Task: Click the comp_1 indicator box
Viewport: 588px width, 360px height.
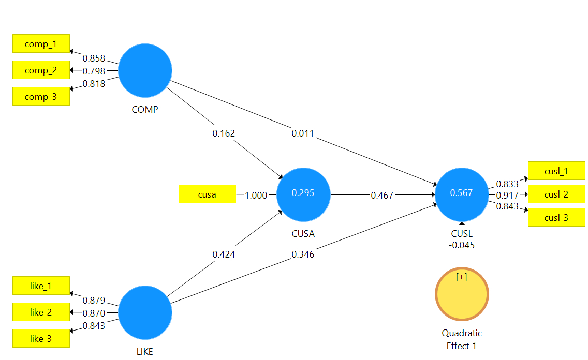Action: (x=41, y=44)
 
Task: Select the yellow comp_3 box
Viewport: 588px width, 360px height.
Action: (x=41, y=97)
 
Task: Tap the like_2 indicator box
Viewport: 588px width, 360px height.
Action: (x=41, y=312)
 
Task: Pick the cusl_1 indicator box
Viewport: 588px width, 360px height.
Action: (x=556, y=171)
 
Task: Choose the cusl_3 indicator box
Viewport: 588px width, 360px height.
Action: (x=556, y=218)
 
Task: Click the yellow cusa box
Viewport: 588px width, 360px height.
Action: (x=207, y=194)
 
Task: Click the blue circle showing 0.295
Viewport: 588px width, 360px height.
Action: (x=303, y=193)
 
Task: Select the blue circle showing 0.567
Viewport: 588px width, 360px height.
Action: (x=461, y=193)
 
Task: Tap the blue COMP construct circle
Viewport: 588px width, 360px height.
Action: (x=145, y=70)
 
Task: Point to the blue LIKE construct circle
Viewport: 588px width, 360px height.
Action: (x=145, y=313)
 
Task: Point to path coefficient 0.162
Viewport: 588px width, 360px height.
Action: (x=224, y=133)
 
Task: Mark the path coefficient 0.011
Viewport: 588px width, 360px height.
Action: (x=303, y=134)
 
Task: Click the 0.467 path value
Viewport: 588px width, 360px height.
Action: (x=382, y=196)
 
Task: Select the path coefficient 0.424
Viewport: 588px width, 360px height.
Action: (x=224, y=254)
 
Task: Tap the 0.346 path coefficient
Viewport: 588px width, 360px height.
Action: (x=303, y=254)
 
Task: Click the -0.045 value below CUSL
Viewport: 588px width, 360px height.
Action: (x=461, y=245)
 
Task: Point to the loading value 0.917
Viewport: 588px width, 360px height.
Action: (x=507, y=196)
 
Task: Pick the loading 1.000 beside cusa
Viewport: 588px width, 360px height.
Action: (x=256, y=196)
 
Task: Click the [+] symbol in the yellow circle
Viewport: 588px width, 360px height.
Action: (x=462, y=277)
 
